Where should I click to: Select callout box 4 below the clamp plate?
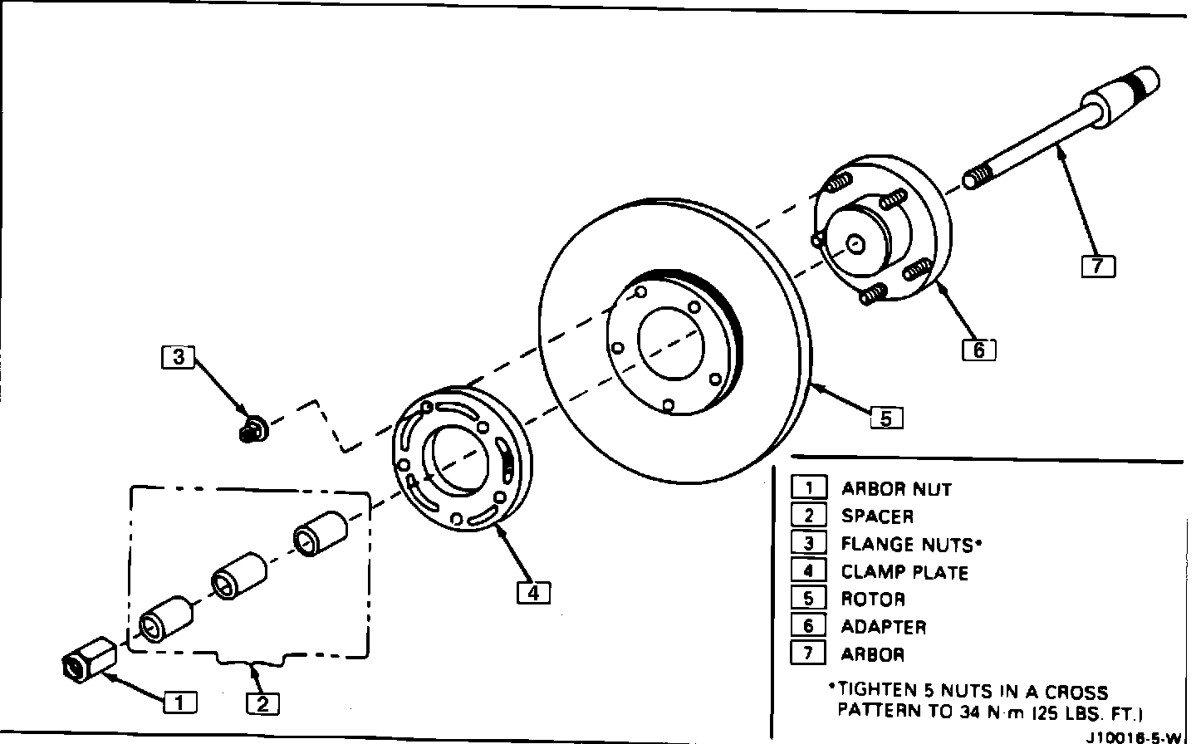click(533, 593)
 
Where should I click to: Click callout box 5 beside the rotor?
click(886, 418)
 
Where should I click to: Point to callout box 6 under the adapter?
click(978, 350)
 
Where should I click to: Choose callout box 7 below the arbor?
click(1098, 266)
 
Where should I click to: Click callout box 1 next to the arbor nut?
click(179, 702)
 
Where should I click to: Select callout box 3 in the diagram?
click(178, 357)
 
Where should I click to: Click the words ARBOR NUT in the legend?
click(896, 489)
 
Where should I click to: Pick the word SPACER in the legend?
click(877, 516)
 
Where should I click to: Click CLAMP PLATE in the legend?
click(904, 572)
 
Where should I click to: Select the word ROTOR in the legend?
click(873, 600)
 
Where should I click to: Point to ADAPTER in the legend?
click(883, 627)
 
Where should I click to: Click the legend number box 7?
click(808, 653)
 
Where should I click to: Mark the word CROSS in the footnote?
click(1077, 693)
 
